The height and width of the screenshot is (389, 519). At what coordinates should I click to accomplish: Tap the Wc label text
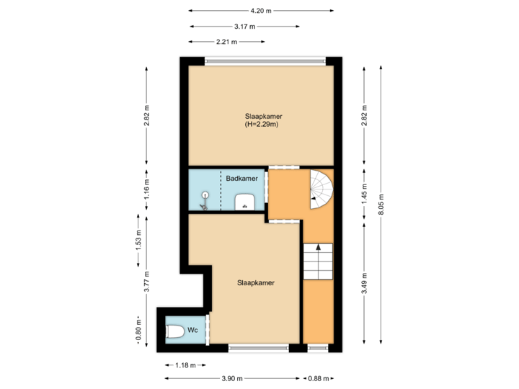(x=192, y=330)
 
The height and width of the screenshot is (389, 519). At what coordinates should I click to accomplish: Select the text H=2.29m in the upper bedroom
(x=262, y=125)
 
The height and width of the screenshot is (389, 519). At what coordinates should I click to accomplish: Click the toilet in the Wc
(x=174, y=331)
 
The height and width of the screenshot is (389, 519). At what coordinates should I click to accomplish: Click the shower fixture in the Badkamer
(x=205, y=199)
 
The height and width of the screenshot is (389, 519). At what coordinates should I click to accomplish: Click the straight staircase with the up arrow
(x=318, y=261)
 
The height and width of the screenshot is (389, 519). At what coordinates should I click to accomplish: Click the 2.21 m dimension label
(x=226, y=42)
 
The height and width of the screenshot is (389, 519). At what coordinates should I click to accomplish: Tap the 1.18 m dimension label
(x=186, y=365)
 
